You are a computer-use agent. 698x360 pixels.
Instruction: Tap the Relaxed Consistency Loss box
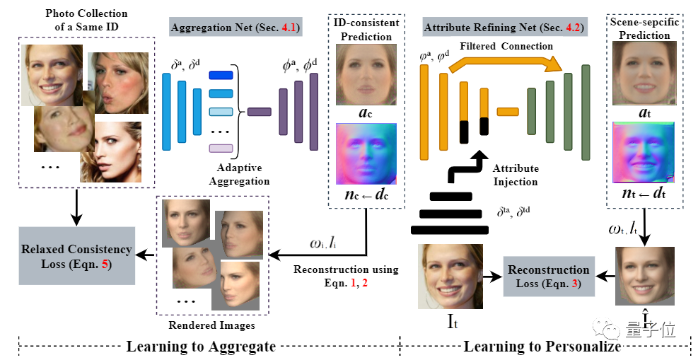pyautogui.click(x=76, y=255)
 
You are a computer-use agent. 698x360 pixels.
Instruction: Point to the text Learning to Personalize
pyautogui.click(x=542, y=347)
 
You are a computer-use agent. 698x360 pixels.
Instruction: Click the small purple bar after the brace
pyautogui.click(x=259, y=111)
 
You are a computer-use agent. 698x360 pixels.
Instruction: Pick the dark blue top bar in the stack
pyautogui.click(x=221, y=75)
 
